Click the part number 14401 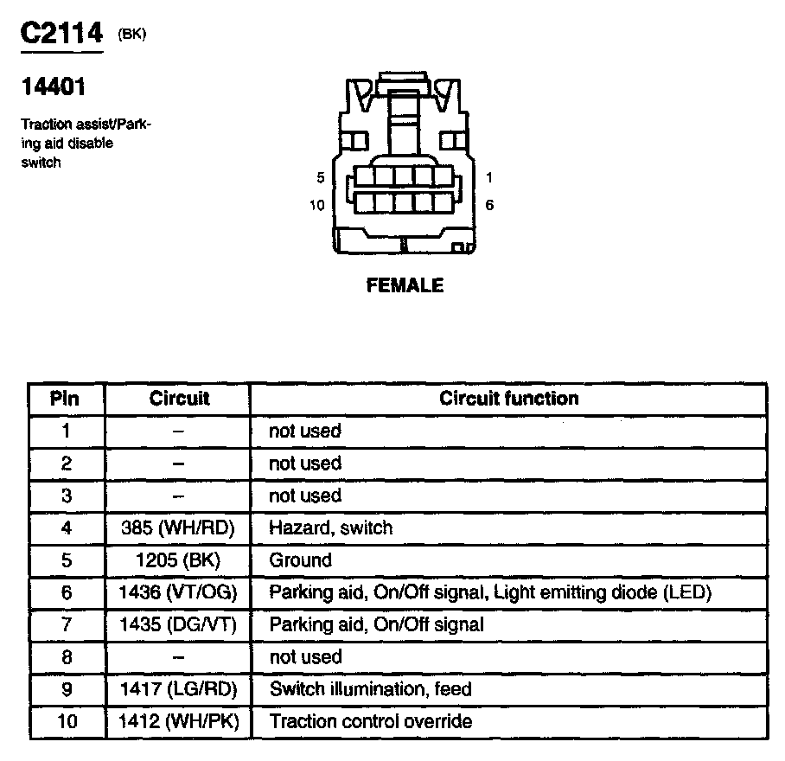click(x=54, y=87)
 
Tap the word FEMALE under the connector click(x=405, y=285)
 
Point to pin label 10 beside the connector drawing click(x=316, y=205)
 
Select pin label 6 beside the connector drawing click(x=489, y=205)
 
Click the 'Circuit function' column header click(x=508, y=399)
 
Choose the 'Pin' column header click(x=66, y=399)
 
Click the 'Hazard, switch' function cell click(x=330, y=528)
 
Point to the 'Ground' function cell click(x=300, y=560)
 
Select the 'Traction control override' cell click(x=371, y=721)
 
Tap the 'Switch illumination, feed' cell click(x=371, y=689)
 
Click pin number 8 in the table click(x=66, y=657)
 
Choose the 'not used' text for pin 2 click(x=305, y=463)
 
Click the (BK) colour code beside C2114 click(x=133, y=35)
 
